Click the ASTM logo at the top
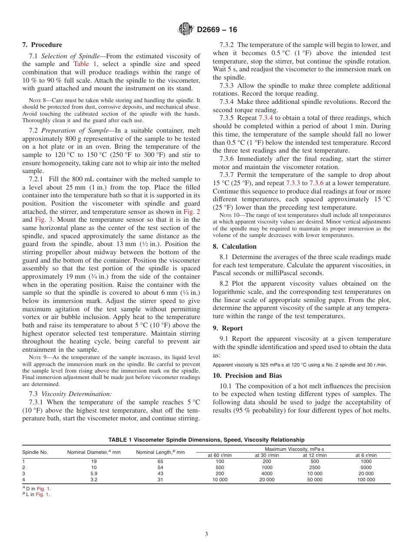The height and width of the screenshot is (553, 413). (x=186, y=30)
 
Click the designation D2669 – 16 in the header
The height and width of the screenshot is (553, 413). (x=217, y=30)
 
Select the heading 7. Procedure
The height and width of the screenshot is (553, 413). (x=42, y=45)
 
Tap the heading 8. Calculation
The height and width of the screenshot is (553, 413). (x=234, y=247)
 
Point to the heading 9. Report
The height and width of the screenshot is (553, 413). (x=228, y=328)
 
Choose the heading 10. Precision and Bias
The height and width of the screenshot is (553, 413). (x=247, y=376)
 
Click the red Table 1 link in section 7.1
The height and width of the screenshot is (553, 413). (x=83, y=64)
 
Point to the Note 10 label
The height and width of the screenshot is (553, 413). (x=229, y=215)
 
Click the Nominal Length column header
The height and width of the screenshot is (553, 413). (x=160, y=453)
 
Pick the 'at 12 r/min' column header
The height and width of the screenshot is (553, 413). (x=315, y=455)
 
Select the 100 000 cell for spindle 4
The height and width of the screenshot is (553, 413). (x=366, y=480)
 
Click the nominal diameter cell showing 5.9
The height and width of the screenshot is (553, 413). (x=93, y=473)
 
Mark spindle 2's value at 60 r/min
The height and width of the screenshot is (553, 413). (x=220, y=467)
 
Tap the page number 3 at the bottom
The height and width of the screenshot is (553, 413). (x=206, y=534)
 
